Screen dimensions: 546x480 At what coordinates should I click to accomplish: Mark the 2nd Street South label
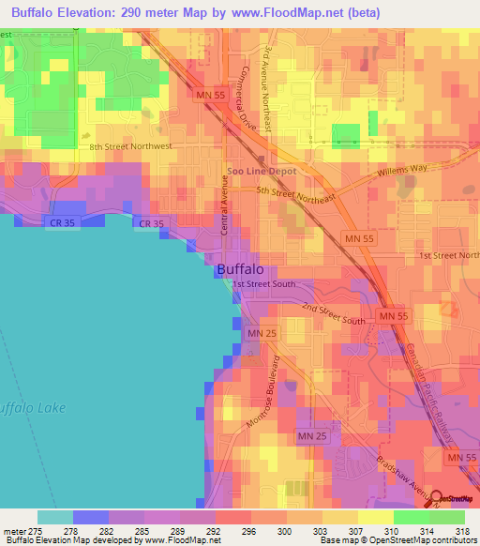click(333, 314)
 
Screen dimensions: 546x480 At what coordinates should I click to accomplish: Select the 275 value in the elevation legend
click(36, 531)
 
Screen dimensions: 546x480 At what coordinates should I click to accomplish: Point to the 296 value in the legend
click(249, 531)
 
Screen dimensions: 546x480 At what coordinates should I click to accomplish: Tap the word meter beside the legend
click(14, 531)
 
